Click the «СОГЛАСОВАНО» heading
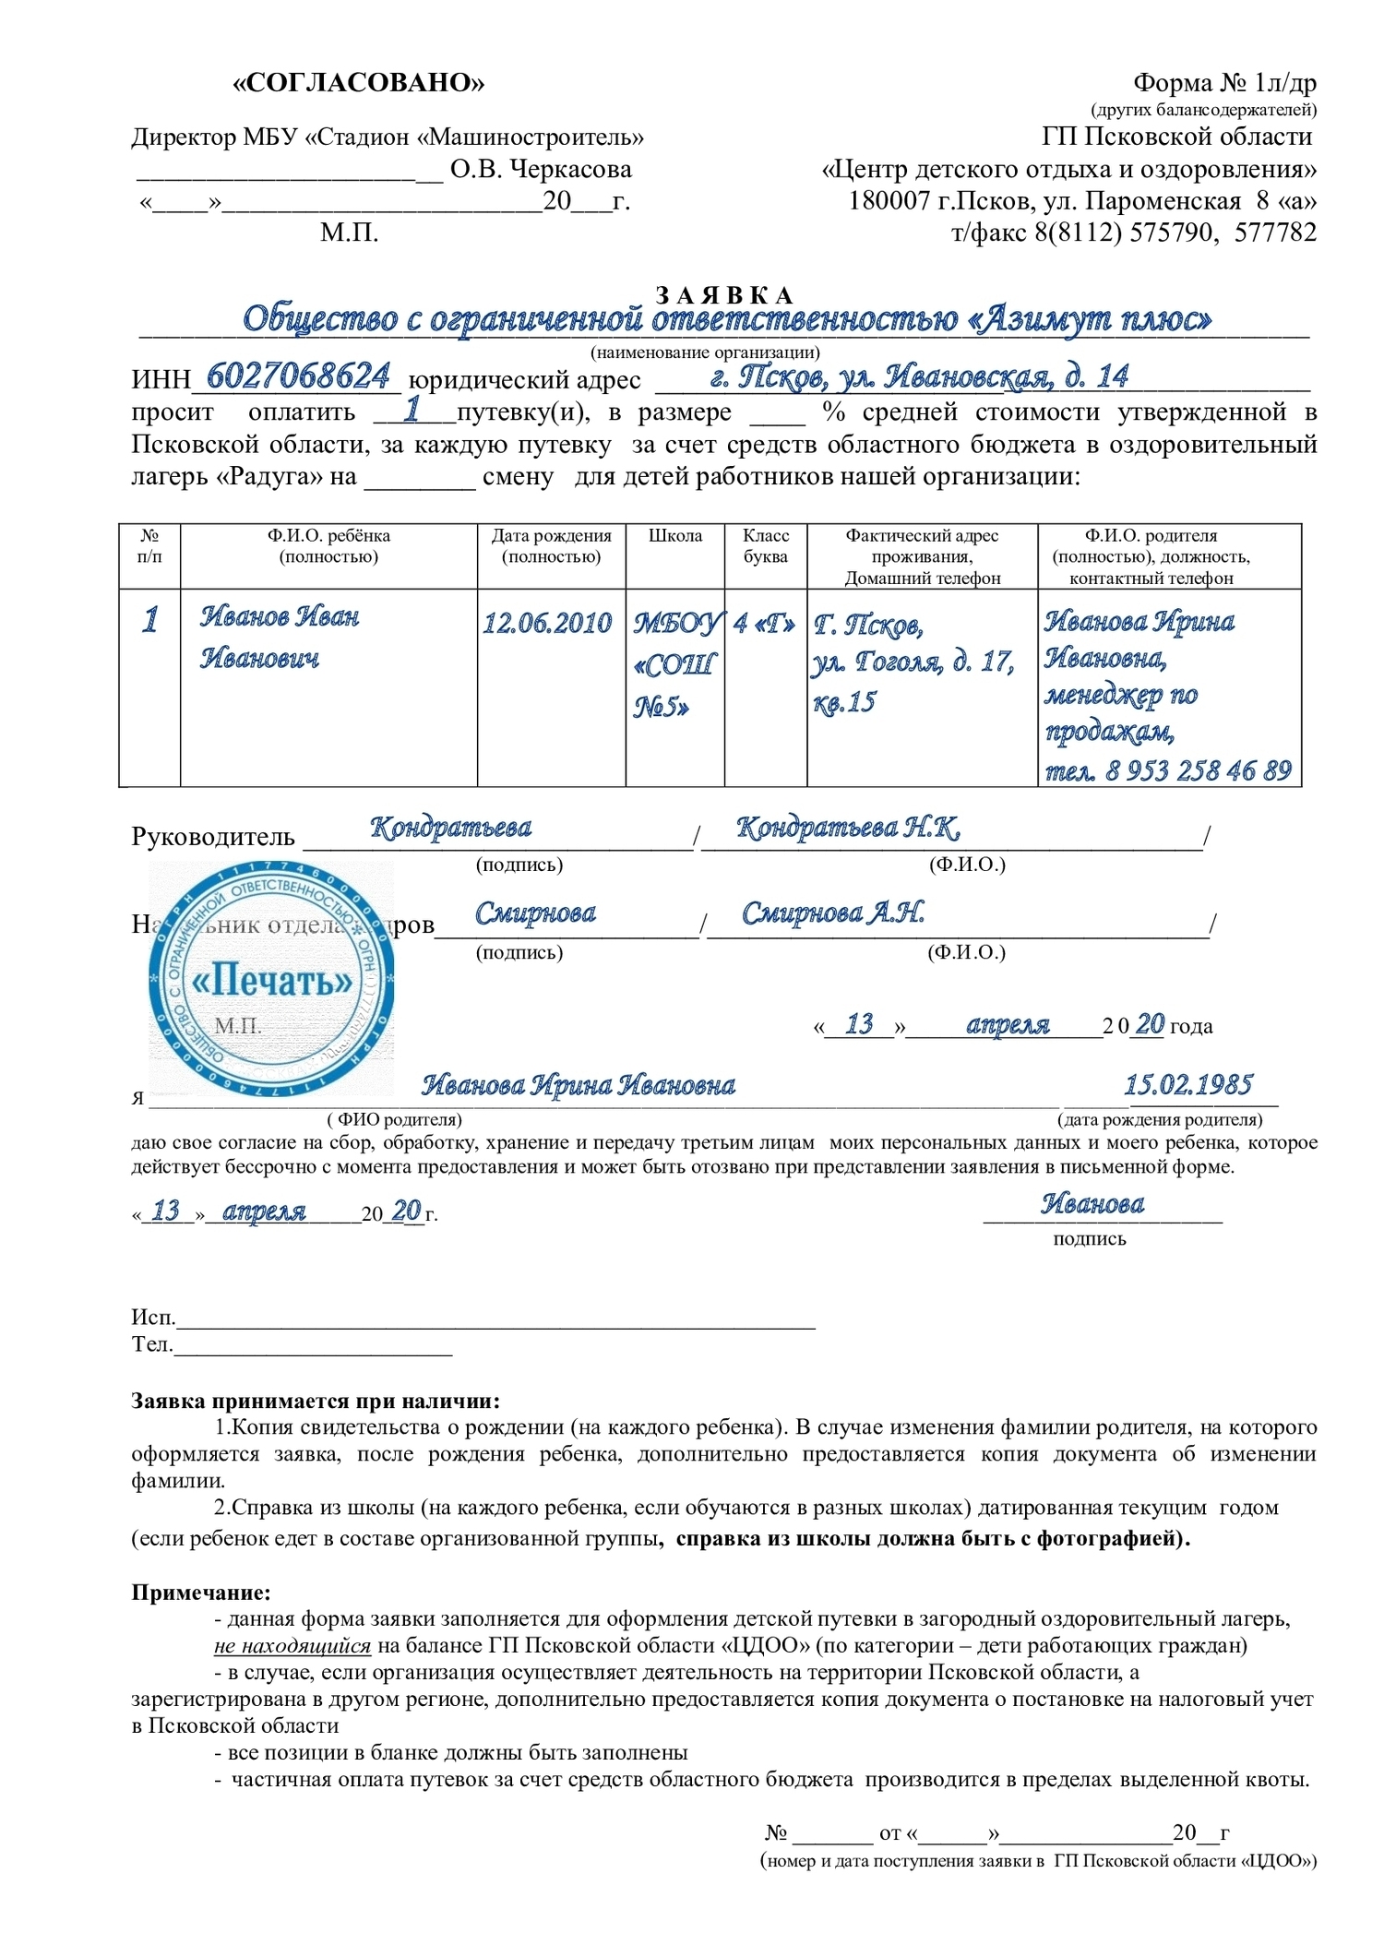pos(358,83)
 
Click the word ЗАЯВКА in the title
pos(724,295)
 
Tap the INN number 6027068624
pos(298,376)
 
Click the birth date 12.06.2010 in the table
pos(547,624)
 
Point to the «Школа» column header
pos(674,536)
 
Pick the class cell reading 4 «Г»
pos(764,624)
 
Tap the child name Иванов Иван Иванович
pos(279,637)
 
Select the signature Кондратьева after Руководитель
pos(450,828)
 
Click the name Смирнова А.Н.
pos(832,913)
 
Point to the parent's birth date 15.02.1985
pos(1187,1085)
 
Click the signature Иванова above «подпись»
pos(1092,1204)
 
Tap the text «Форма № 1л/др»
pos(1223,83)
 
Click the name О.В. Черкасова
pos(541,170)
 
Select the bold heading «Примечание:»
pos(201,1593)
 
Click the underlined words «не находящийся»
pos(292,1646)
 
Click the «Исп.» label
pos(152,1318)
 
